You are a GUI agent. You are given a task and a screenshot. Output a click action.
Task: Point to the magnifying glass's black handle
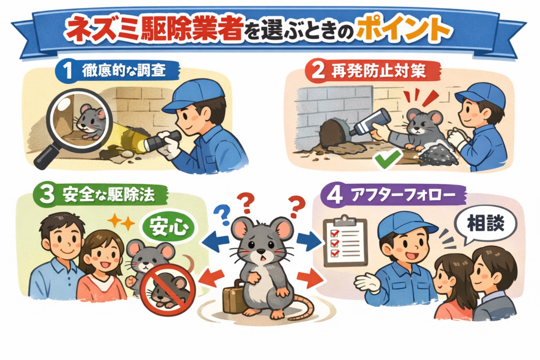pyautogui.click(x=45, y=156)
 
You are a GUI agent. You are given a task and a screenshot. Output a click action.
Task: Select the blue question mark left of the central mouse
pyautogui.click(x=221, y=215)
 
